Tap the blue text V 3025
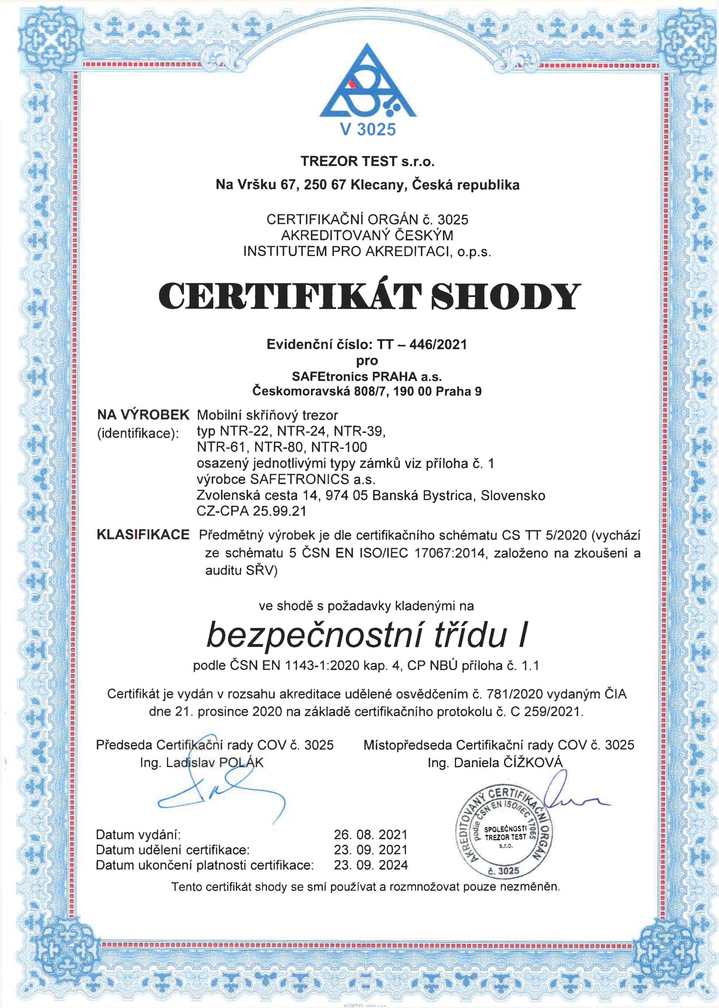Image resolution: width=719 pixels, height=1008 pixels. (x=367, y=129)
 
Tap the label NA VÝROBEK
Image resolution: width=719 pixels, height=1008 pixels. (x=143, y=415)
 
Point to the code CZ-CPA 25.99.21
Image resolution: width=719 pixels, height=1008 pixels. (x=252, y=511)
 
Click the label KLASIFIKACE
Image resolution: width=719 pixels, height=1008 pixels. (x=143, y=535)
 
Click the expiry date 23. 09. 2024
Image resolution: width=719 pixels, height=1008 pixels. (x=371, y=864)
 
